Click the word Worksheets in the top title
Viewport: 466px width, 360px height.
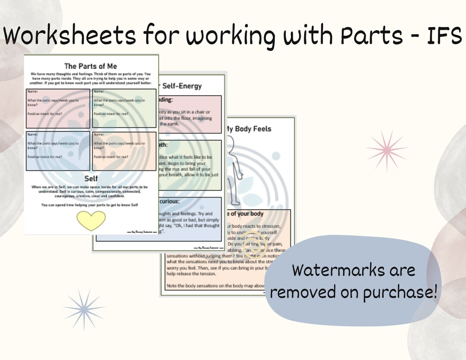[x=72, y=36]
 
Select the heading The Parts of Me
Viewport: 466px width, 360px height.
[x=91, y=66]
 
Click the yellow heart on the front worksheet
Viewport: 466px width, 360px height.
[x=91, y=220]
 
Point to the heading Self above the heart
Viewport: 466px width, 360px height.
[x=91, y=178]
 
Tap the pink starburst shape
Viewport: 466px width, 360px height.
[x=387, y=149]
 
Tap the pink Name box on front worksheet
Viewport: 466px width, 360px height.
[x=58, y=108]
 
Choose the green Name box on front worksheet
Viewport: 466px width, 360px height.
[x=124, y=108]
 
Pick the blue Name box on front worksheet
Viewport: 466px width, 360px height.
[x=58, y=151]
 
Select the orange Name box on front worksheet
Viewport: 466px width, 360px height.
[x=124, y=151]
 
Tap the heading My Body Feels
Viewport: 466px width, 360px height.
[x=248, y=128]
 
